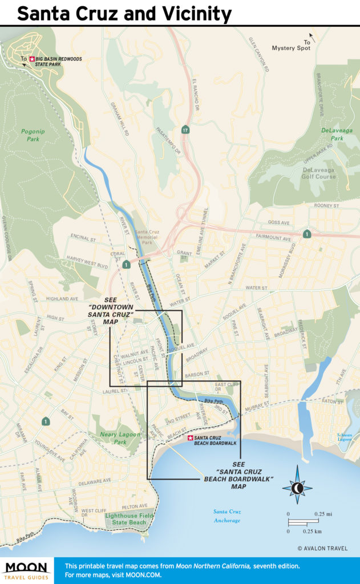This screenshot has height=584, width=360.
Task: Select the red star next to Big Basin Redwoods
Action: (32, 58)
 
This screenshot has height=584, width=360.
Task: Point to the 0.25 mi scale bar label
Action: (323, 514)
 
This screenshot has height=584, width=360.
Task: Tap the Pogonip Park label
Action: (33, 134)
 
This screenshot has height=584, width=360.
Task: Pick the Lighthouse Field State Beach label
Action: (126, 518)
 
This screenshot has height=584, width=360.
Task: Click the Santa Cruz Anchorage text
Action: (226, 516)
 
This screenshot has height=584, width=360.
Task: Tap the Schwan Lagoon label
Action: (344, 438)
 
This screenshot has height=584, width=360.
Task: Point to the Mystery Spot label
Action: (289, 48)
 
